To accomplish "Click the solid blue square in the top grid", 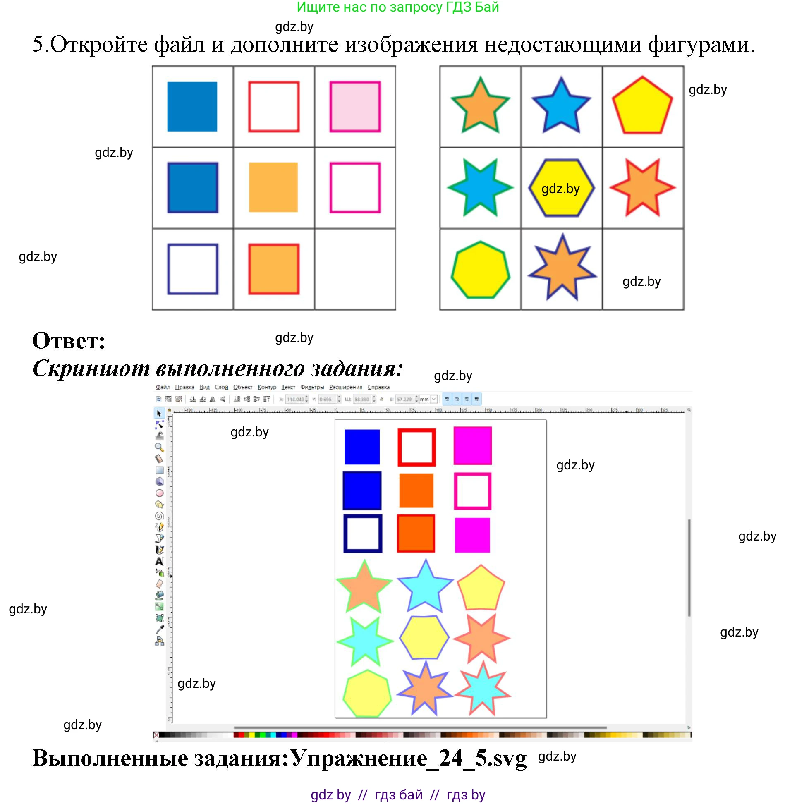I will (192, 107).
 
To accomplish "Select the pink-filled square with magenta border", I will (354, 107).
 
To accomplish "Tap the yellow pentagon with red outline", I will (641, 108).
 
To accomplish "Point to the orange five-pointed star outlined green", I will (480, 108).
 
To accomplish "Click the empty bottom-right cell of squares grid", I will (354, 269).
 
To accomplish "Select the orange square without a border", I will (273, 187).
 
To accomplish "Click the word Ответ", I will (69, 341).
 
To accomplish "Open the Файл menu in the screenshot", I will (162, 387).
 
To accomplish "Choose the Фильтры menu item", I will (312, 387).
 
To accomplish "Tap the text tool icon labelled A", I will (159, 561).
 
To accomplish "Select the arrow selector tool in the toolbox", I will (159, 413).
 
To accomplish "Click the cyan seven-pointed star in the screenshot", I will (482, 690).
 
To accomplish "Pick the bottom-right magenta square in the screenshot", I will (472, 535).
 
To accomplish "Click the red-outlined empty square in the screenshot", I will (416, 447).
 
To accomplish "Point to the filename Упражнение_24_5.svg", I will (408, 758).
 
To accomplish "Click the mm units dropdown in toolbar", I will (428, 399).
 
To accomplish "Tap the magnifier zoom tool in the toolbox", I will (159, 447).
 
